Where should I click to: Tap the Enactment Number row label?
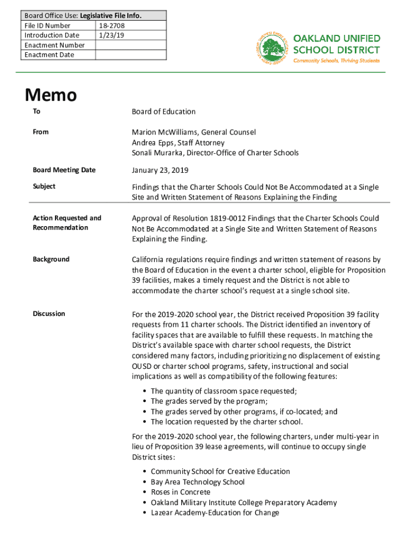[x=54, y=45]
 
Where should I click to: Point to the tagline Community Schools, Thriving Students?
[x=336, y=60]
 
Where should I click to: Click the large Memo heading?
[x=51, y=95]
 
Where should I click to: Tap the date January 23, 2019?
[x=160, y=171]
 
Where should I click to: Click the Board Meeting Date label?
[x=64, y=170]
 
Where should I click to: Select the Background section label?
[x=51, y=259]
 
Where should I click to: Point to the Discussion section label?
[x=49, y=314]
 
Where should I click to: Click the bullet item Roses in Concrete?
[x=180, y=492]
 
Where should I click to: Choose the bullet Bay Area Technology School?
[x=198, y=482]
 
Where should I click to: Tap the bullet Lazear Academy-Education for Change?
[x=215, y=513]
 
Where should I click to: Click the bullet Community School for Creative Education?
[x=220, y=471]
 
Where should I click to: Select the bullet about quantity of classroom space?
[x=224, y=391]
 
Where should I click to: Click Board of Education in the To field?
[x=163, y=112]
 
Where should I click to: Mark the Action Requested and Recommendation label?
[x=67, y=223]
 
